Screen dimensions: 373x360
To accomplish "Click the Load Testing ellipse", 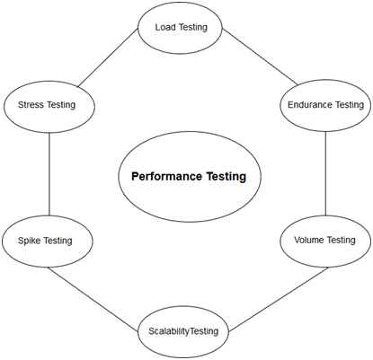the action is coord(180,28).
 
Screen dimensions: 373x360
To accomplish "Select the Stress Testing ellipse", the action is coord(49,107).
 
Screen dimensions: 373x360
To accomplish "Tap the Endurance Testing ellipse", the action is coord(325,105).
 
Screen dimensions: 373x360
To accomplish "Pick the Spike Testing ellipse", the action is coord(48,241).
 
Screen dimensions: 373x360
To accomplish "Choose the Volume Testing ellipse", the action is coord(325,241).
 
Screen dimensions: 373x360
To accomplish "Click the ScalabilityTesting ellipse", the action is coord(183,332).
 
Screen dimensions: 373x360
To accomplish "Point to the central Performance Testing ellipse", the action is coord(190,177).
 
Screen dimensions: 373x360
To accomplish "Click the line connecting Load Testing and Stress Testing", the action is coord(108,57).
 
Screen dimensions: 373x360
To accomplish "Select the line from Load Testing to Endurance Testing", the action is coord(261,57).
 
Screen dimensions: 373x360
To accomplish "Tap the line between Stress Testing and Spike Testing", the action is coord(49,174).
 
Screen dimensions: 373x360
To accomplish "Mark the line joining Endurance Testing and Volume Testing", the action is coord(325,173).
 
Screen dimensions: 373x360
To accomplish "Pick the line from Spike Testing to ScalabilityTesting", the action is coord(93,300).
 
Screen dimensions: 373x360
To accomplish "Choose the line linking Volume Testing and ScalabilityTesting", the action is coord(279,300).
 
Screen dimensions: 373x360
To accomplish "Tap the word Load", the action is coord(165,27).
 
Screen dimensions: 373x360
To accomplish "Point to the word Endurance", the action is coord(310,105).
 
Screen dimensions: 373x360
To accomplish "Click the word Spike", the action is coord(30,241).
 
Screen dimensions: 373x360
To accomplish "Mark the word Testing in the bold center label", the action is coord(226,177).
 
